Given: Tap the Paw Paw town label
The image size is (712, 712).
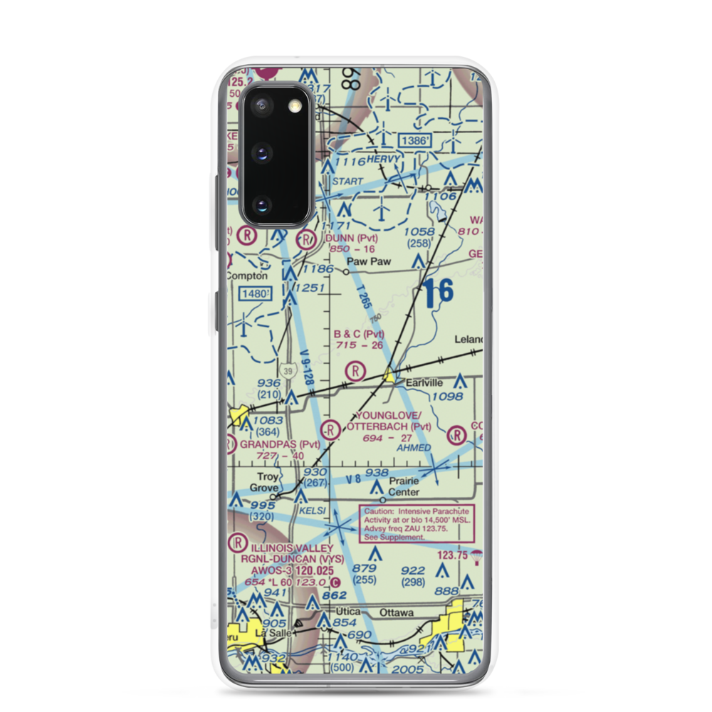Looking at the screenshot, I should point(365,261).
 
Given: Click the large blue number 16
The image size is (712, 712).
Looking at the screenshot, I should point(437,293).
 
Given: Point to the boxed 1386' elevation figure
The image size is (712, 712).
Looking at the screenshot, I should point(415,142).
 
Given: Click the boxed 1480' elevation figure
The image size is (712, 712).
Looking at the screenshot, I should point(256,293).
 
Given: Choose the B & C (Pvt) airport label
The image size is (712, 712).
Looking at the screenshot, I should point(359,334).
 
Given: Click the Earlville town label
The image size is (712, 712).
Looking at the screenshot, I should point(424,382).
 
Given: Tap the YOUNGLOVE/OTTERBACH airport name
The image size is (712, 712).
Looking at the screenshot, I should point(389,421).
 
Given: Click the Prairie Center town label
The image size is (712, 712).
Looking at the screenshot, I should point(403,486).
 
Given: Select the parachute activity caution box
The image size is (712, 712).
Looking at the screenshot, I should point(417,523).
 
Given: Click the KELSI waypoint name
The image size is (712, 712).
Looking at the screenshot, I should point(313,511).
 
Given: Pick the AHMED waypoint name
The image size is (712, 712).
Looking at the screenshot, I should point(414,448).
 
